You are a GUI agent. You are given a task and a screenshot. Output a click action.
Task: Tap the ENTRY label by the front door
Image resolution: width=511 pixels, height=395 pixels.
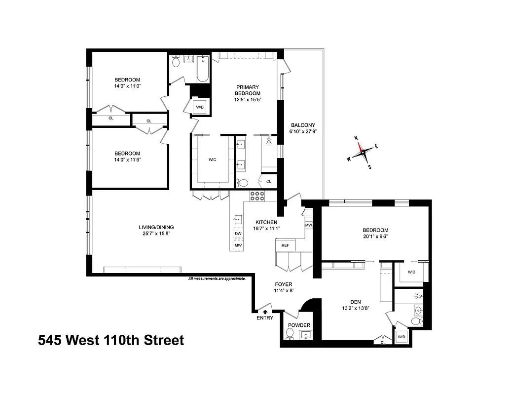265,318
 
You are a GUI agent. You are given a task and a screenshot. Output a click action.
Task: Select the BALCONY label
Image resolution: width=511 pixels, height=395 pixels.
303,125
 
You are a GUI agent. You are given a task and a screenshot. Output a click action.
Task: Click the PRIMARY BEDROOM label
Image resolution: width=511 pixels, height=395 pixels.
247,90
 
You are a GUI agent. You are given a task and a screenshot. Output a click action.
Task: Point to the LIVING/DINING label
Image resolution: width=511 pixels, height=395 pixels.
156,227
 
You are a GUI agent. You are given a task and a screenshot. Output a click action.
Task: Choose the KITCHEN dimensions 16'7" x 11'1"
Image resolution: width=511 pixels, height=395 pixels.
266,228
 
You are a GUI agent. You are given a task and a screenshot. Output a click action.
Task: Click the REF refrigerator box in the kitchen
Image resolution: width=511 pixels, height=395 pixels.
285,245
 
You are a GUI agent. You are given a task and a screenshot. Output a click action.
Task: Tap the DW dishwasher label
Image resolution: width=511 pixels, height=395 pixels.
238,234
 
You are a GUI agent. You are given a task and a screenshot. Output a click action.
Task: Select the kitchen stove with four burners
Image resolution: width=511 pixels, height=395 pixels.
257,196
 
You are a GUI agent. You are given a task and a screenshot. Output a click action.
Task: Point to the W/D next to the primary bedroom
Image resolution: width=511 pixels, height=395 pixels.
200,107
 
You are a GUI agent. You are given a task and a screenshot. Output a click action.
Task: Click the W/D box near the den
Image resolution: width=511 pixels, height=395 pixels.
401,337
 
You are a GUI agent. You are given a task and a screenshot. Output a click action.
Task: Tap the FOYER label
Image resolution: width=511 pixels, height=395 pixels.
284,284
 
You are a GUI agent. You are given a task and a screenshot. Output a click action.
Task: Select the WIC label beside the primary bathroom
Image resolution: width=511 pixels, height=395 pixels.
212,159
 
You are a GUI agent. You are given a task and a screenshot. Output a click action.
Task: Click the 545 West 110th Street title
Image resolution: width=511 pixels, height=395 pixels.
111,340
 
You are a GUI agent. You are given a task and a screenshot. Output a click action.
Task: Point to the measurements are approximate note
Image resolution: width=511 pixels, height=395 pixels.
217,278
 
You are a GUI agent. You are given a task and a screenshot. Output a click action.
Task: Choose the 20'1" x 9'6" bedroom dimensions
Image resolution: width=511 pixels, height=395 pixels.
375,237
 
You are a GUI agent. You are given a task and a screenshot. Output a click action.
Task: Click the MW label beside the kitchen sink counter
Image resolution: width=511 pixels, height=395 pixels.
238,245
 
